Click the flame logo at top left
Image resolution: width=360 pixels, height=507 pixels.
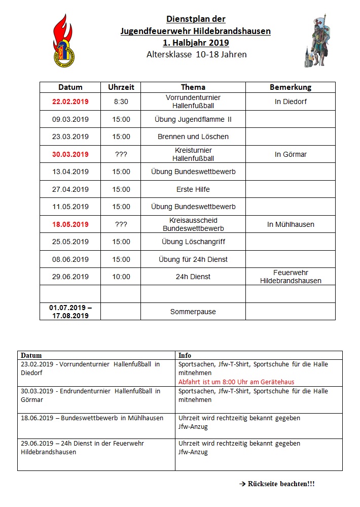point(65,40)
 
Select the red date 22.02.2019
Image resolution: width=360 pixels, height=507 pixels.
point(70,102)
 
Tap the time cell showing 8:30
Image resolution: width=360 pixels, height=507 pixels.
point(121,102)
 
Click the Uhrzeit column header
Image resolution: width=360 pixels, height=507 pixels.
point(121,87)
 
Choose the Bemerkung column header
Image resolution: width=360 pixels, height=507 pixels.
point(291,87)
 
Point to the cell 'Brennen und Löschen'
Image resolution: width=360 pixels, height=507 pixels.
point(193,137)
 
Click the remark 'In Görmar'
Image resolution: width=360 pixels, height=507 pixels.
point(291,154)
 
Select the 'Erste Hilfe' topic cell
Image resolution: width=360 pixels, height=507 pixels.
point(193,189)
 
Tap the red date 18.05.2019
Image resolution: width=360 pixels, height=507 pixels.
point(70,224)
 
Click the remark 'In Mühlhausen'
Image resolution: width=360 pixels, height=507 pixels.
point(291,224)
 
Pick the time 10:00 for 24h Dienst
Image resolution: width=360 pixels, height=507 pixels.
point(121,277)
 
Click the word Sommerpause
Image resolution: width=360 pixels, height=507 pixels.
point(193,312)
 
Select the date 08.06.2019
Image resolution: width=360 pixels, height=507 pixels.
point(70,259)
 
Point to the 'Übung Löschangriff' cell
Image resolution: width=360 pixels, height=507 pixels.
point(193,242)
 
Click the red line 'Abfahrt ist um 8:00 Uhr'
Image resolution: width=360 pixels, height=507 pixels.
point(236,382)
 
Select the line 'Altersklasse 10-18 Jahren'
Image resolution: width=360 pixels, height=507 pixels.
point(196,54)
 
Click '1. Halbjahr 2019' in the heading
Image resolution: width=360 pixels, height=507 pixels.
point(196,43)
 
